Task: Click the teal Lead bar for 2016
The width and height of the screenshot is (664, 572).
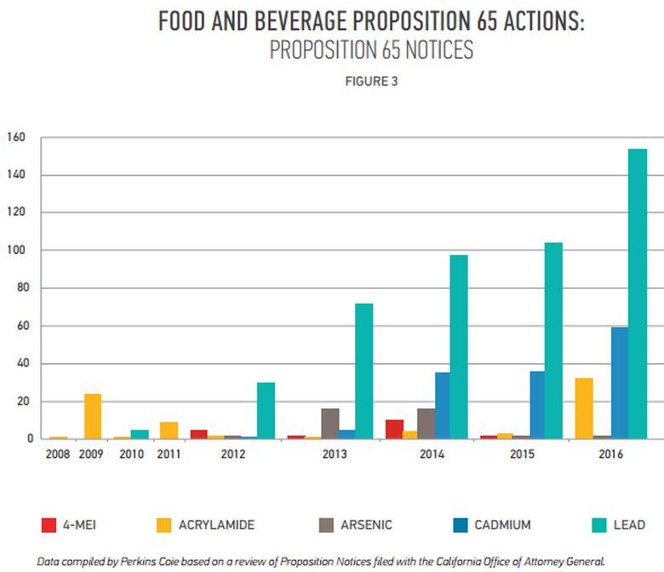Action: point(638,294)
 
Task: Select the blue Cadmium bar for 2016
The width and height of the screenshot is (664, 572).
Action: point(619,383)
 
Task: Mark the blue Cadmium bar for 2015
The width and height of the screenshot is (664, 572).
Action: point(537,405)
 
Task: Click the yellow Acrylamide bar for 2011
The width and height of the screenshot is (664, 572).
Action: point(169,430)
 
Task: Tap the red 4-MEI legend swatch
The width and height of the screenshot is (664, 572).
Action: point(49,525)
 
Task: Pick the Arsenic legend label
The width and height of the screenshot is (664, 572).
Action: point(366,525)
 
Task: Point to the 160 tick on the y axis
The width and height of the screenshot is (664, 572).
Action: point(16,137)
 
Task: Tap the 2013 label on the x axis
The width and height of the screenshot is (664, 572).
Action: point(334,454)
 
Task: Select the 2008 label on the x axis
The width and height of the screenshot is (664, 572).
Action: point(56,454)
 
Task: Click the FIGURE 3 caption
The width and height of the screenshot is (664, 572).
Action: point(371,82)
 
